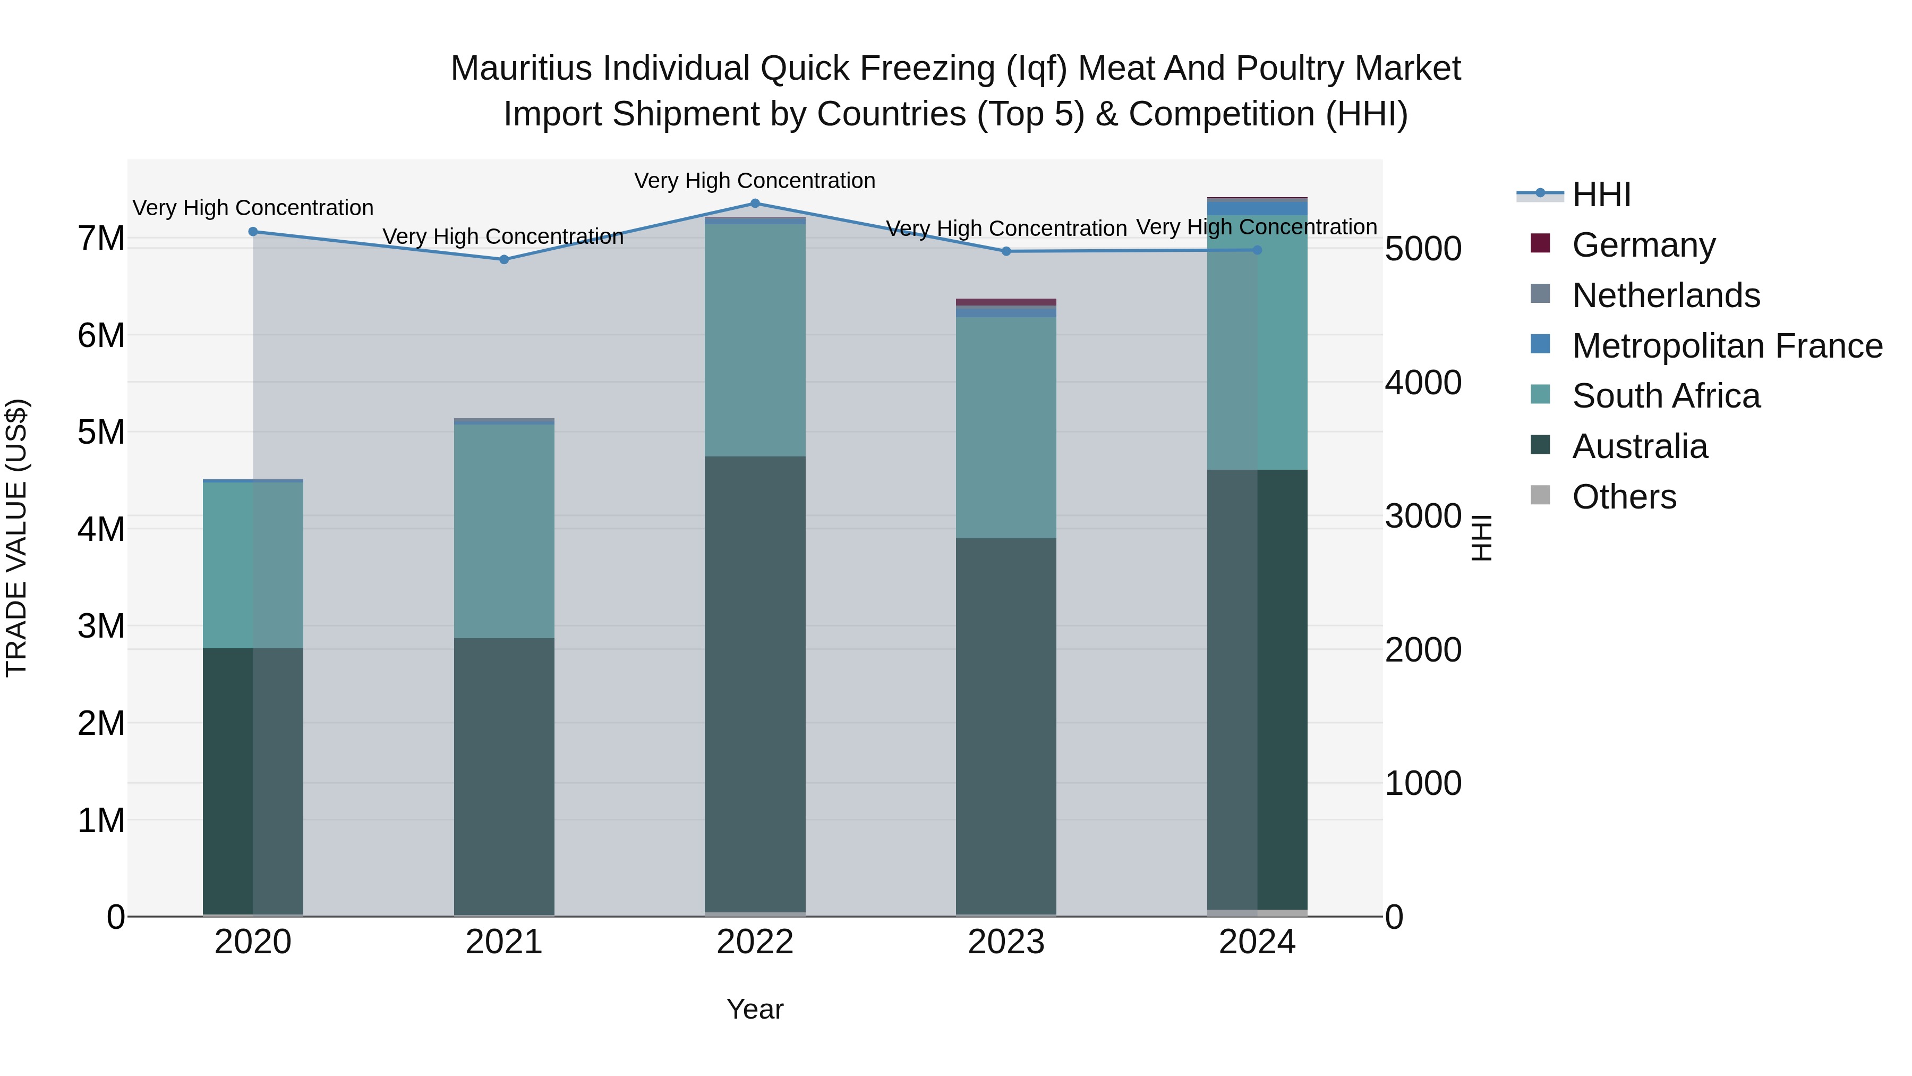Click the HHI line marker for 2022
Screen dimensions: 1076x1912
click(755, 203)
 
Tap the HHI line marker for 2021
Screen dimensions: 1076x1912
click(504, 259)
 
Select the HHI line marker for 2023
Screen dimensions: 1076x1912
click(1006, 251)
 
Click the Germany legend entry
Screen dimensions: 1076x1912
click(1643, 245)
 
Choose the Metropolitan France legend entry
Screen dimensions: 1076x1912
click(1727, 346)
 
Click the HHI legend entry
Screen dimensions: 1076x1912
click(1601, 194)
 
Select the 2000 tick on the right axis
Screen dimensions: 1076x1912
click(1423, 650)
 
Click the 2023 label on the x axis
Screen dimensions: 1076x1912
click(1006, 942)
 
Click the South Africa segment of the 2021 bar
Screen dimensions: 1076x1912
click(504, 531)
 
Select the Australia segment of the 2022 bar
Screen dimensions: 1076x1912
click(755, 683)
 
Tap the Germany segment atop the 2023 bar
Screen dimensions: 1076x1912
click(1006, 302)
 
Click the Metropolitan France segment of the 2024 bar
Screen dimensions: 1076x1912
click(1257, 208)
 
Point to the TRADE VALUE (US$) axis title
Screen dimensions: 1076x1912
click(16, 538)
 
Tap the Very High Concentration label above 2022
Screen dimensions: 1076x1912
click(755, 181)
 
